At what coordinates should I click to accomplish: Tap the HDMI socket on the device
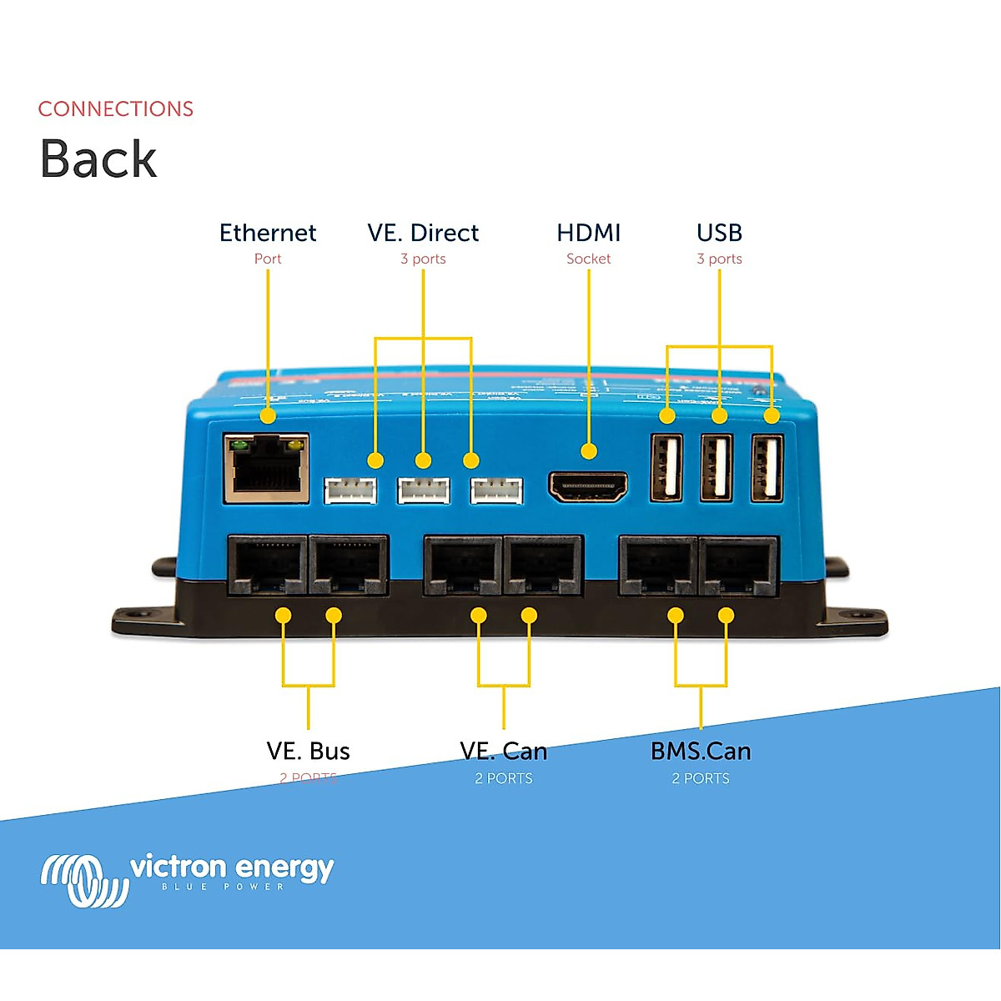point(588,487)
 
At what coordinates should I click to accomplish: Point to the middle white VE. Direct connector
point(424,490)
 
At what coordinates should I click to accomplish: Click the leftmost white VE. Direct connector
point(350,490)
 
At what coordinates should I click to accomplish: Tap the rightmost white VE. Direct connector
point(496,490)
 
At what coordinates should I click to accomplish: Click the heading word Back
point(98,158)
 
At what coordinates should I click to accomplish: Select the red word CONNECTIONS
point(116,109)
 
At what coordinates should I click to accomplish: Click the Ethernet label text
point(268,233)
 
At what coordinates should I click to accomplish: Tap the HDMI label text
point(589,233)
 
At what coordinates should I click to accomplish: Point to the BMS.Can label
point(701,751)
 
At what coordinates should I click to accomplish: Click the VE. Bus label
point(309,751)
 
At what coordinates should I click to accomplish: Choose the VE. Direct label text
point(423,233)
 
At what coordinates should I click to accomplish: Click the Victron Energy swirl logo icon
point(83,879)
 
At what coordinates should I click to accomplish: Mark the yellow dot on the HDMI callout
point(589,451)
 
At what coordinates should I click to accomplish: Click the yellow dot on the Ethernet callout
point(268,415)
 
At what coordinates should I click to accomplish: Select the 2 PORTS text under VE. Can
point(504,778)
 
